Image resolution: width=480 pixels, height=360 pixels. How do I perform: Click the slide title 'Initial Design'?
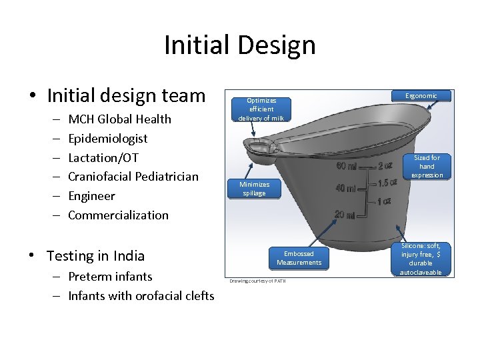click(x=239, y=45)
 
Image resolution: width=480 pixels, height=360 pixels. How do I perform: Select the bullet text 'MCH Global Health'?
click(x=119, y=119)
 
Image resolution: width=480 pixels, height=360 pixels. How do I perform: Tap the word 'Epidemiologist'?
click(x=107, y=139)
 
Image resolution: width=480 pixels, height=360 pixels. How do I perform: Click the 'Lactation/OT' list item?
click(x=103, y=157)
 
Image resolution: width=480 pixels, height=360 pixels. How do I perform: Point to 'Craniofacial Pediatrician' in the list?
click(x=133, y=177)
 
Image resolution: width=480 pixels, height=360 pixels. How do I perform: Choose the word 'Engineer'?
click(x=91, y=196)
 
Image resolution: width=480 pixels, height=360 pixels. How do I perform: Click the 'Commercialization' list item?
click(x=118, y=215)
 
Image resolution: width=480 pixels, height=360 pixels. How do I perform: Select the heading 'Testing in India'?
click(x=95, y=256)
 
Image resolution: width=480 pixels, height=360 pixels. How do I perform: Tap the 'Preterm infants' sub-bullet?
click(x=110, y=277)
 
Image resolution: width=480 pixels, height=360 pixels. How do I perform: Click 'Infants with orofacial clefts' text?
click(x=141, y=296)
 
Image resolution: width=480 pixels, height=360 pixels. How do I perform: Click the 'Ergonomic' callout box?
click(x=421, y=96)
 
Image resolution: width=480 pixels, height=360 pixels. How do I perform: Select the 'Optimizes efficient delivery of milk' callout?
click(x=261, y=109)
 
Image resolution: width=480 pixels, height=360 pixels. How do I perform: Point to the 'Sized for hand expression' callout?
click(x=427, y=166)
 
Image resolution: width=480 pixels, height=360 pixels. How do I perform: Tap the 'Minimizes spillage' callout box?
click(x=254, y=189)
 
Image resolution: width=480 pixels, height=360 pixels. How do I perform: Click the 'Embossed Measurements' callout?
click(x=299, y=258)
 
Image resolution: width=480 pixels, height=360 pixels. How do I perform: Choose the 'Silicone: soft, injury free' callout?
click(x=421, y=259)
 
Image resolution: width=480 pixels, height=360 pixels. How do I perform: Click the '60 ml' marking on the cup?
click(x=347, y=166)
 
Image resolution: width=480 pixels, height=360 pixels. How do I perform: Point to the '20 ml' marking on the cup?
click(x=345, y=214)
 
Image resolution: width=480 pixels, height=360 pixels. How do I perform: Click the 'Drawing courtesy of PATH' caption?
click(x=257, y=281)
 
